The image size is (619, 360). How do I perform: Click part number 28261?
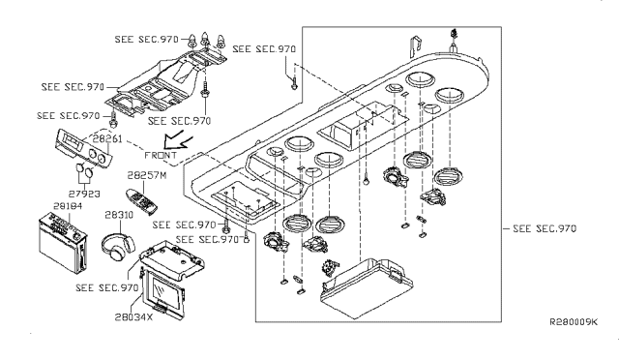(107, 139)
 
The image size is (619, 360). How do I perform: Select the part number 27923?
(84, 194)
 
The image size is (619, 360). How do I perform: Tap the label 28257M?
(147, 175)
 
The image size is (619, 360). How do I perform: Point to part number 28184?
(68, 206)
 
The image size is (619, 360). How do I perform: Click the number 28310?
(119, 215)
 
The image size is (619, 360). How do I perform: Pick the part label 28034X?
(133, 316)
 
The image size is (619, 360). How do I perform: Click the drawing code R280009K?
(574, 322)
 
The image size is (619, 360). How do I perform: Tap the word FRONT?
(161, 155)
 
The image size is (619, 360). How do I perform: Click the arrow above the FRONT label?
(178, 139)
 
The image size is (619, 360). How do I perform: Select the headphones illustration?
(118, 247)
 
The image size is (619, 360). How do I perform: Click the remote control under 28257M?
(141, 202)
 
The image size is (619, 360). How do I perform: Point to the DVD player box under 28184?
(63, 243)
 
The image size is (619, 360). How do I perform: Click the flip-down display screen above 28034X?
(163, 291)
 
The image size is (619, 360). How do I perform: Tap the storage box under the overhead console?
(367, 287)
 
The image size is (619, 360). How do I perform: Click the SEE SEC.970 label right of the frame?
(545, 228)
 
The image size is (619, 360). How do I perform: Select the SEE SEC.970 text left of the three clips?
(146, 39)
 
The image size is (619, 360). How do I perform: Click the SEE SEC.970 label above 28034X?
(107, 287)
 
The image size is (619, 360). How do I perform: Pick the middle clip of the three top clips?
(205, 39)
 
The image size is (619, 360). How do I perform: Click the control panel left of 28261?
(84, 149)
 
